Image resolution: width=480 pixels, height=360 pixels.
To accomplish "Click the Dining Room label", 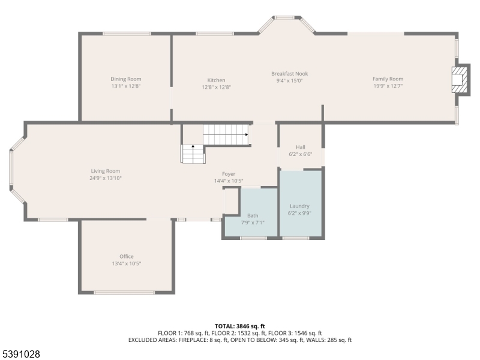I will tap(125, 79).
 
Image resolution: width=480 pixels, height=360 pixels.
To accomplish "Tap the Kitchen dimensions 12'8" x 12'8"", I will tap(216, 87).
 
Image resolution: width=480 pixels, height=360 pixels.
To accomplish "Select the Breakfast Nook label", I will tap(289, 73).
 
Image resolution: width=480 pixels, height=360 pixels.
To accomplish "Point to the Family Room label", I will tap(388, 79).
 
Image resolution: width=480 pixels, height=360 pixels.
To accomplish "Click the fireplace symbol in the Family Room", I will tap(459, 79).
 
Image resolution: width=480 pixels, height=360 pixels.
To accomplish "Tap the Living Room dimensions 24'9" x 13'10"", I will tap(106, 178).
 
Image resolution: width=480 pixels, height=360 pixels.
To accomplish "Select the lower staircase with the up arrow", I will tap(193, 154).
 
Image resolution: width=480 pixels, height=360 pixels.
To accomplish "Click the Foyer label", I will tap(229, 173).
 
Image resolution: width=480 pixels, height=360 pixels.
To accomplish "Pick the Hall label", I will tap(301, 146).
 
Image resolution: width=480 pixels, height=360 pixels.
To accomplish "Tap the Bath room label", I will tap(252, 215).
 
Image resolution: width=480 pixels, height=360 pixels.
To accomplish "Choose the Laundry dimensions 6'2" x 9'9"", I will tap(300, 212).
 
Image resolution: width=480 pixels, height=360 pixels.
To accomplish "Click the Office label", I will tap(126, 256).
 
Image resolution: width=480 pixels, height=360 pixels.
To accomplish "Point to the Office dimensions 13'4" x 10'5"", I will tap(126, 263).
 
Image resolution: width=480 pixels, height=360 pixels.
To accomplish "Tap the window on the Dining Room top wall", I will tap(127, 34).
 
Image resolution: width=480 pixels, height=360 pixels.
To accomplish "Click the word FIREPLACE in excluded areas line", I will tap(191, 340).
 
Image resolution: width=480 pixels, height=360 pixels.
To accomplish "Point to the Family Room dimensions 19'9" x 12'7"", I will tap(388, 86).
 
